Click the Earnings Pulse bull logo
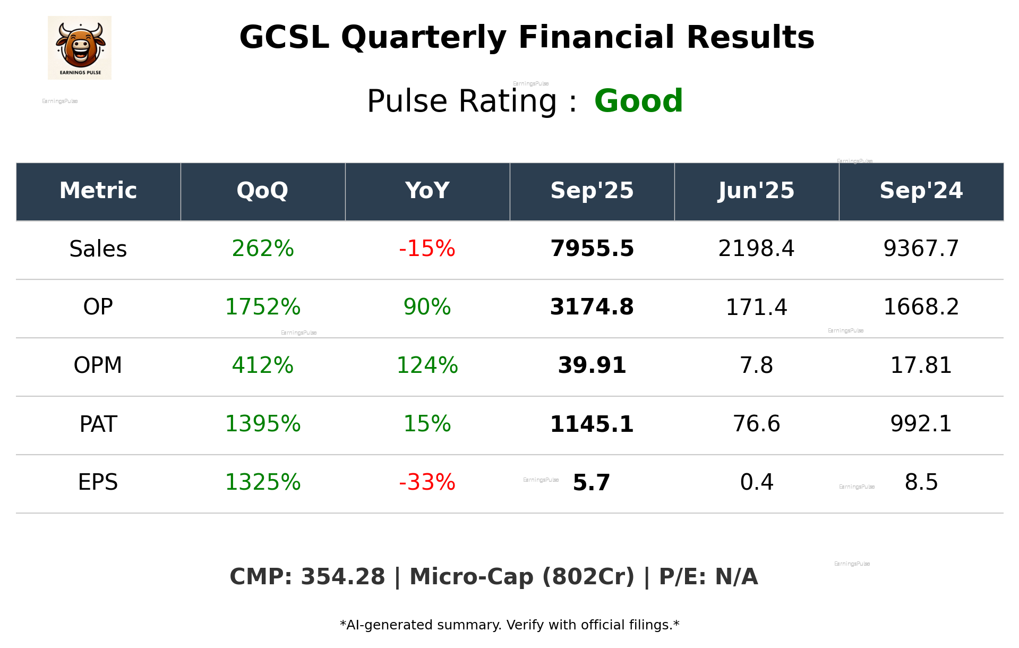pos(80,47)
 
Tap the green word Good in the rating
pos(638,101)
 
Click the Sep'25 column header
pos(592,191)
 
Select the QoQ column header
pos(262,191)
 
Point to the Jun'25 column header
pos(756,191)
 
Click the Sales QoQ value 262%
pos(262,249)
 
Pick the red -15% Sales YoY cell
pos(427,249)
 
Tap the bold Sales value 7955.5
pos(592,249)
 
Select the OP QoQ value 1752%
pos(262,307)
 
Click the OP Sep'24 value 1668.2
pos(921,307)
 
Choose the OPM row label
pos(98,365)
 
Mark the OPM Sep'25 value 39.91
pos(592,365)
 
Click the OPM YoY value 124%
pos(427,365)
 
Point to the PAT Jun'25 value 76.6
pos(756,424)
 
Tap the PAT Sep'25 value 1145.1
pos(592,424)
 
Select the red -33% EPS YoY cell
pos(427,482)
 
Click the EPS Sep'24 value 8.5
pos(921,482)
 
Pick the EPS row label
pos(98,482)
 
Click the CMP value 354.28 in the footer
pos(342,577)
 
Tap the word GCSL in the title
pos(284,38)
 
